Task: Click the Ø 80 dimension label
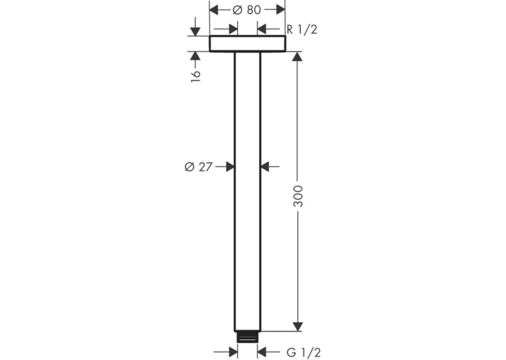click(247, 10)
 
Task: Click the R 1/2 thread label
click(302, 30)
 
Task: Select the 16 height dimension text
click(196, 75)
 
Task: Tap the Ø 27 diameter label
click(199, 167)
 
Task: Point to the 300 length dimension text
click(298, 196)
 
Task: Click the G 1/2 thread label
click(304, 353)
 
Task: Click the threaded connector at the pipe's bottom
click(248, 337)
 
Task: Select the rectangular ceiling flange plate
click(248, 44)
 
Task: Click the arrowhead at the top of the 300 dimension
click(298, 56)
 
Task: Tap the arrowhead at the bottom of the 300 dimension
click(298, 326)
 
